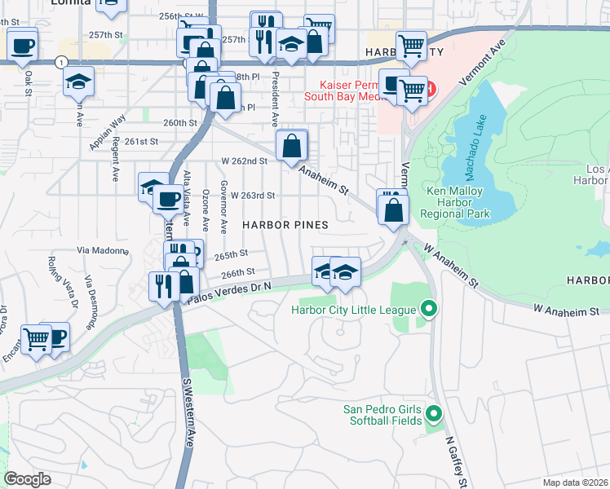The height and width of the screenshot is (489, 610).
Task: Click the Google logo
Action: point(29,478)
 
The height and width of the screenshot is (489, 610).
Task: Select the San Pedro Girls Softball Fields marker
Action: point(433,415)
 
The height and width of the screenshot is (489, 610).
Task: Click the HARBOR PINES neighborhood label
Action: point(285,224)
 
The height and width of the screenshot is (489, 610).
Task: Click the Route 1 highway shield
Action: point(61,62)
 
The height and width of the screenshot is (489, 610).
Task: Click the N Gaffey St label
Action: point(455,462)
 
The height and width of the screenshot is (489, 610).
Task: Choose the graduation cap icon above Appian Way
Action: point(79,81)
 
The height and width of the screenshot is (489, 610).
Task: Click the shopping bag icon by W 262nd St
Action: point(291,147)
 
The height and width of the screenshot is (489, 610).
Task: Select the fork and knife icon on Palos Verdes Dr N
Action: point(161,285)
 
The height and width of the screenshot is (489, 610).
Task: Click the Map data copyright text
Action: point(575,482)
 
